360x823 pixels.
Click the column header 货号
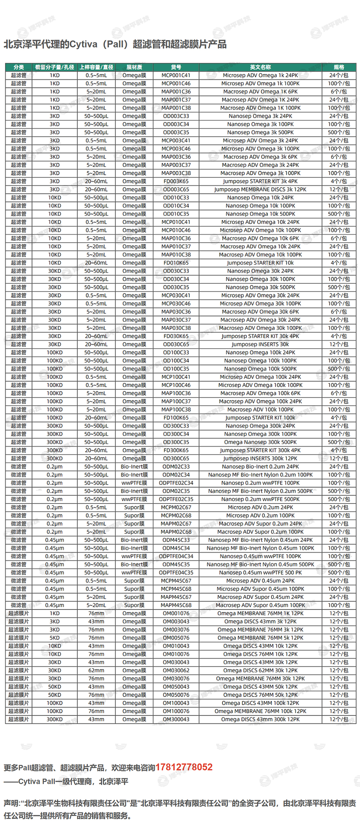176,67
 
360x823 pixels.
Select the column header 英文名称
260,67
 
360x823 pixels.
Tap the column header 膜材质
134,67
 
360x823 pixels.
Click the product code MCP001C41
176,75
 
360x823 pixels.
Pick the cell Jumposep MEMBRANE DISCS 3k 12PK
260,189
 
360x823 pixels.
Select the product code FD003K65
176,181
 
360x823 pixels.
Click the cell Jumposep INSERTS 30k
260,344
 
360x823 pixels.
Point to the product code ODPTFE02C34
176,483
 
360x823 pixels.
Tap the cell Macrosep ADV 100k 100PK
260,410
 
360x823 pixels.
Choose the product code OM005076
176,638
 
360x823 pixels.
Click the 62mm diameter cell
96,670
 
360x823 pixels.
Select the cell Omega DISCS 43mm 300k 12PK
260,719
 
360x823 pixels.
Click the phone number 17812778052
184,767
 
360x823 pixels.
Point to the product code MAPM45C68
176,605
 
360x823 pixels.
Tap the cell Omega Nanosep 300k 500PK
260,442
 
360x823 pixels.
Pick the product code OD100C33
176,353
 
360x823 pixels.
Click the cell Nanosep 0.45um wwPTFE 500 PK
260,572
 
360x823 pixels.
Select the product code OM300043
176,719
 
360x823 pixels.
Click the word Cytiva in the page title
83,44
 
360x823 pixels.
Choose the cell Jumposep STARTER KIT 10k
260,263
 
